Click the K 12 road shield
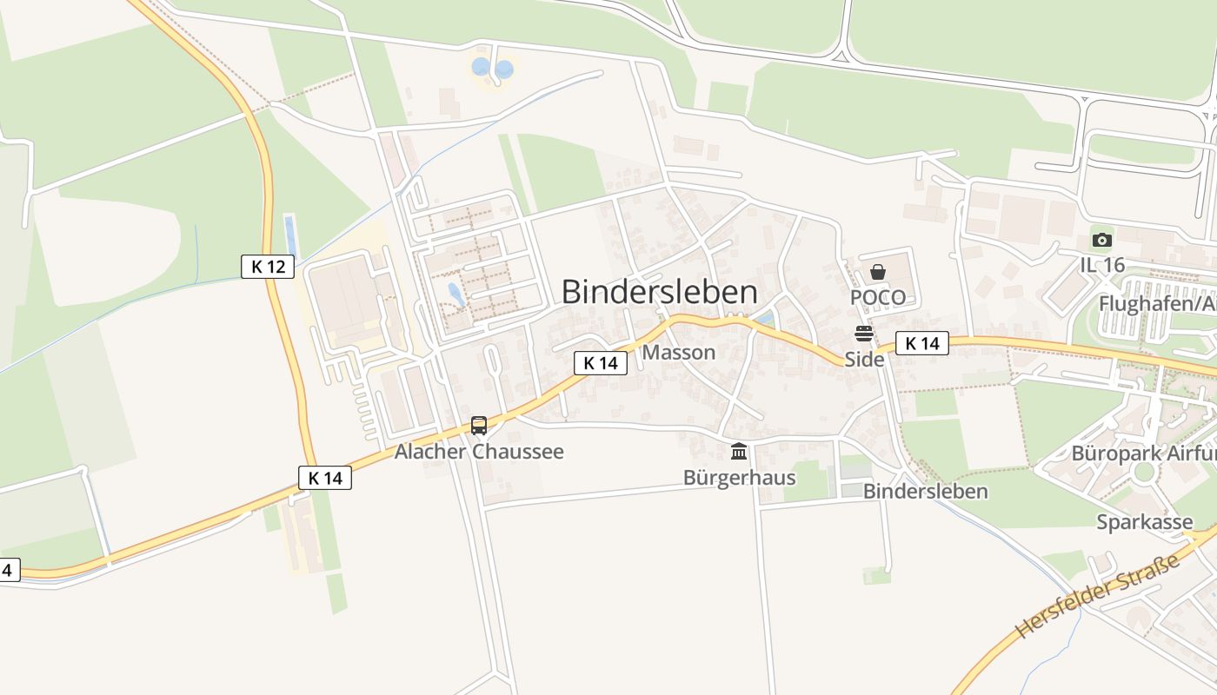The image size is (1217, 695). pos(268,267)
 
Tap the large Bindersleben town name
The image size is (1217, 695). pos(659,292)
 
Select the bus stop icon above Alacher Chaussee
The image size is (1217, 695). pos(479,425)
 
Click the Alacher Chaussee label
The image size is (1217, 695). pos(479,452)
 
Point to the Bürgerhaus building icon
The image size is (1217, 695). pos(739,451)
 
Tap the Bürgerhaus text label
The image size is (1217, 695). pos(739,478)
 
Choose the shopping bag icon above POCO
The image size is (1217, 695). pos(878,272)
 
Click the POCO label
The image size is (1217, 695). pos(878,298)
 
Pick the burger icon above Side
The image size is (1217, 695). pos(863,334)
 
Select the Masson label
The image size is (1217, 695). pos(679,352)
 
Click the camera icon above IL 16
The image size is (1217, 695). pos(1101,240)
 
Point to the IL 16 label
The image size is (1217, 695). pos(1102,266)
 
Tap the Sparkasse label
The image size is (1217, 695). pos(1144,522)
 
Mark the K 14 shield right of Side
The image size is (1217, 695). pos(921,344)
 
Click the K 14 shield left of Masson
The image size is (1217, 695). pos(600,363)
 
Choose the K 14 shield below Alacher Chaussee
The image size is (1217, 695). pos(325,478)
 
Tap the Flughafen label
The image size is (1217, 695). pos(1157,304)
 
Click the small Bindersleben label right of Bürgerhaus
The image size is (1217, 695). pos(925,491)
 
